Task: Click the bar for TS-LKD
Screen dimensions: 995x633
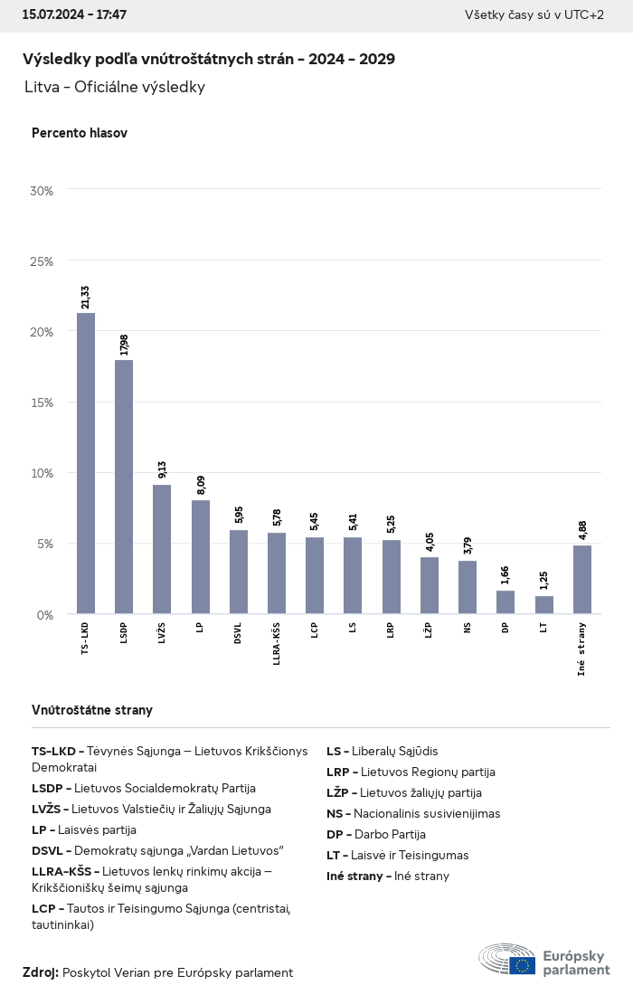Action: coord(86,463)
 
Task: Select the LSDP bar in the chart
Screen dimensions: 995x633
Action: coord(124,487)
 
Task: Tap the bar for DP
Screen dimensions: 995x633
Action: coord(505,602)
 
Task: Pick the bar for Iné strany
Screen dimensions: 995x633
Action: coord(582,580)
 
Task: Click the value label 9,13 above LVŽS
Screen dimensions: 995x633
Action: coord(162,469)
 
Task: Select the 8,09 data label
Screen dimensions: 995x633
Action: coord(201,485)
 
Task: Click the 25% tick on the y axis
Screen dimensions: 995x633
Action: coord(42,261)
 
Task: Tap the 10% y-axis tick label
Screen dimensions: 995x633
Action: coord(42,473)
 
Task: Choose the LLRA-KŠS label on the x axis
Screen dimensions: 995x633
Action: coord(277,644)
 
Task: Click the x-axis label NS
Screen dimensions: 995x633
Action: coord(468,628)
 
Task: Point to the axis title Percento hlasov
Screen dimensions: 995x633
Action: coord(80,133)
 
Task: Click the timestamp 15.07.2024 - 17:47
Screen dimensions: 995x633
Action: coord(74,15)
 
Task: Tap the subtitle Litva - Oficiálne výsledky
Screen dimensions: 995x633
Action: coord(115,87)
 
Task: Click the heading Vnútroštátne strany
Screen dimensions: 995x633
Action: coord(92,710)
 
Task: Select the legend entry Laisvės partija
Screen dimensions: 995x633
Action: coord(84,829)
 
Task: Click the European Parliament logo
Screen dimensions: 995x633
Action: coord(544,960)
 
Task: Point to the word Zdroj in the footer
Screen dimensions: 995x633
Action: coord(40,972)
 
